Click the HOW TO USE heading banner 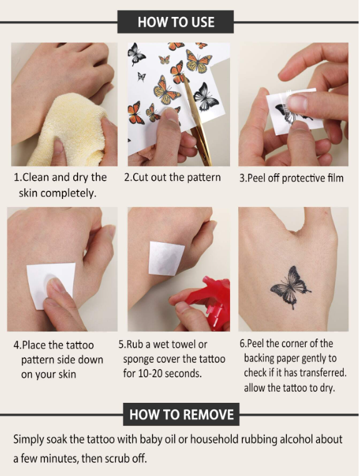coord(176,22)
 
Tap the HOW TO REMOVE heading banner coord(181,414)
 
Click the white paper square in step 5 coord(166,258)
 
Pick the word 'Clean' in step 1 coord(36,177)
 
